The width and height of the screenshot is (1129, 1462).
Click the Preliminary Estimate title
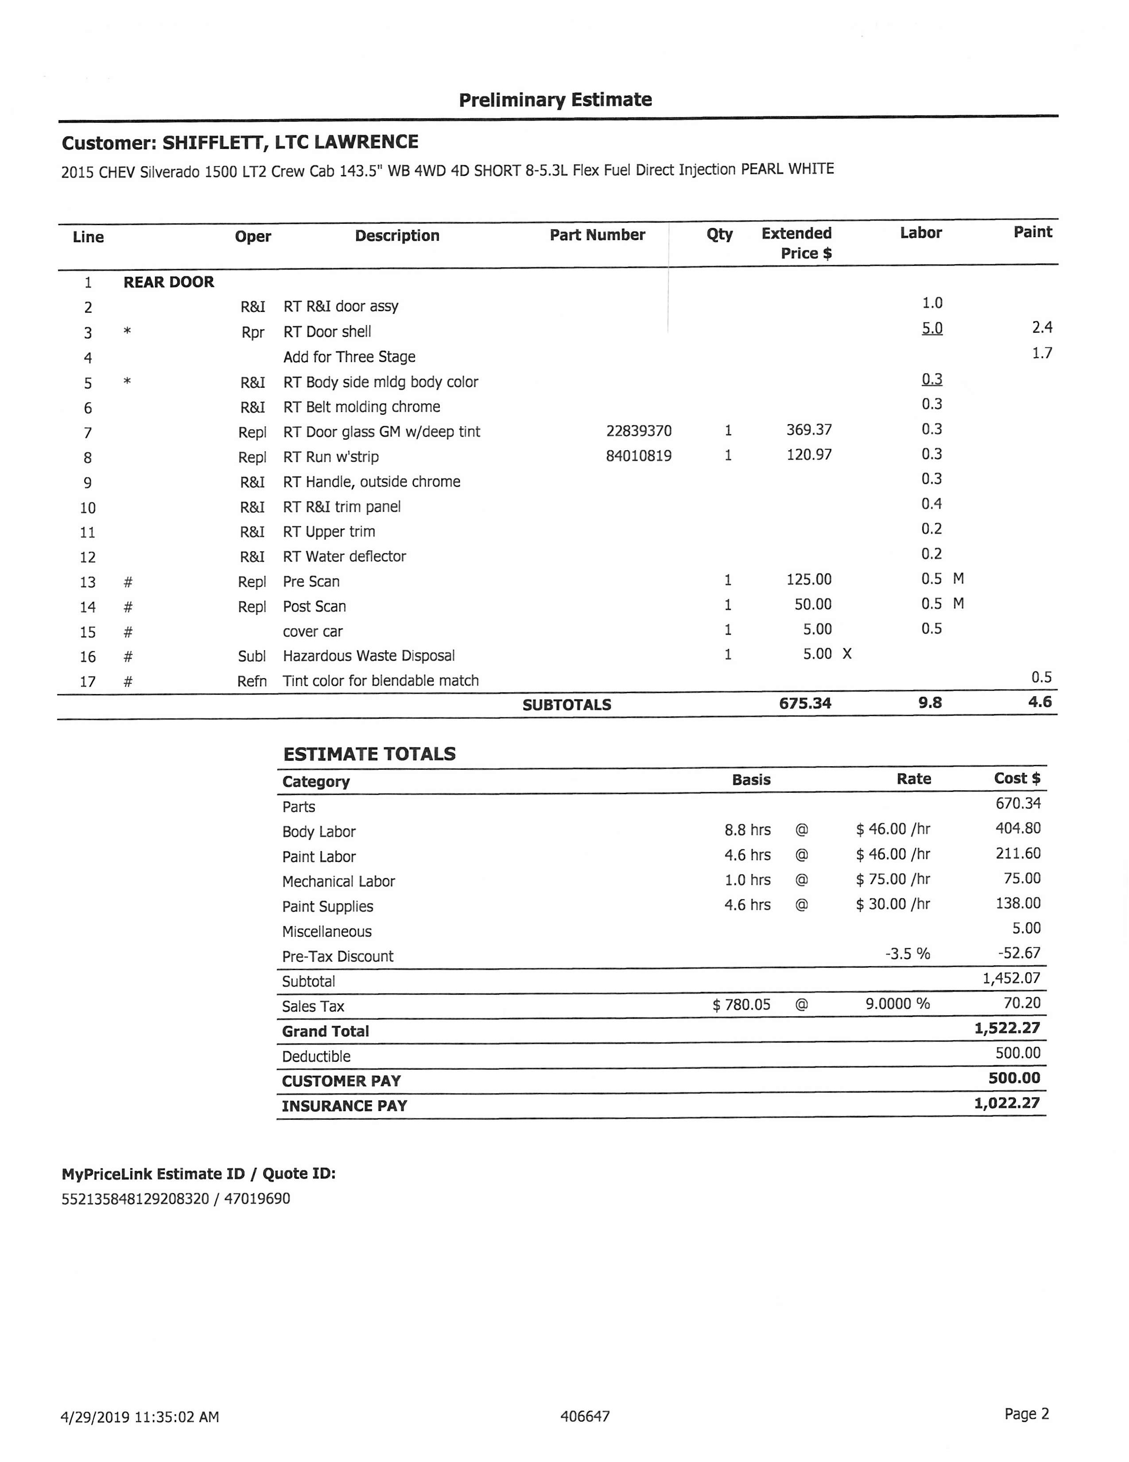click(x=555, y=100)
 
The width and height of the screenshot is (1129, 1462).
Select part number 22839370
click(x=638, y=431)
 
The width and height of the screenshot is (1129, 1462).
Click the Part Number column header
click(x=597, y=235)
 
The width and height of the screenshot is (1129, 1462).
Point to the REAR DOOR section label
click(x=169, y=282)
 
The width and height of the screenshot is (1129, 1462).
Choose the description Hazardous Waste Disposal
click(x=369, y=656)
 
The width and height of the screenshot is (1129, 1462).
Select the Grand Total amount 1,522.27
click(x=1006, y=1028)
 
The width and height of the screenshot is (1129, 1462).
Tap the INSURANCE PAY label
click(x=344, y=1106)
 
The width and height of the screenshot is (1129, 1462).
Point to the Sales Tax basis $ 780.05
click(x=741, y=1004)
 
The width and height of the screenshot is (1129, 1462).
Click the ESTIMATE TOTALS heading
click(x=369, y=754)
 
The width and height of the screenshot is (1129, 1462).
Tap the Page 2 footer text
click(x=1026, y=1414)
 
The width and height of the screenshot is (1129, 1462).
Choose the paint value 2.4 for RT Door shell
click(x=1041, y=327)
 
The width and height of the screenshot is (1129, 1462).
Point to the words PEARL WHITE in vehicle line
click(x=787, y=169)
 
